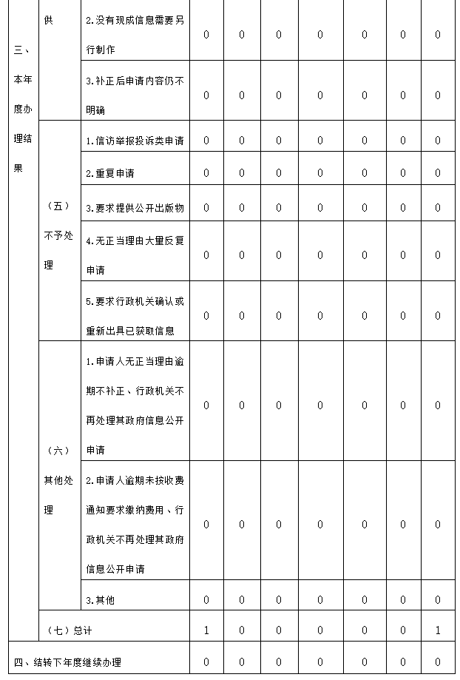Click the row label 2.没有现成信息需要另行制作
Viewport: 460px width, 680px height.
tap(135, 34)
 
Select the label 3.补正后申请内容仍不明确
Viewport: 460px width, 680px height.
tap(135, 95)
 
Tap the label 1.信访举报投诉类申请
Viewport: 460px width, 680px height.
tap(135, 141)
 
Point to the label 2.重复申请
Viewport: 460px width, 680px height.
tap(110, 173)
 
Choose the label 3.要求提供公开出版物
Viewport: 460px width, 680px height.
tap(135, 208)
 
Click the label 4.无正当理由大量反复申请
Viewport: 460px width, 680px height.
tap(135, 255)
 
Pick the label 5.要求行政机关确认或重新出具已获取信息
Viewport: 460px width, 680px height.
tap(135, 316)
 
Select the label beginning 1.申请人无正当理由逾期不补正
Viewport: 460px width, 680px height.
tap(135, 405)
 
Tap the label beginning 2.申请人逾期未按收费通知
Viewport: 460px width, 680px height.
tap(135, 524)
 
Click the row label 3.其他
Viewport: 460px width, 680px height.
tap(101, 600)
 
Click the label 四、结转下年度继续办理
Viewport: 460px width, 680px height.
tap(67, 662)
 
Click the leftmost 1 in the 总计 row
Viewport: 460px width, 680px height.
tap(206, 630)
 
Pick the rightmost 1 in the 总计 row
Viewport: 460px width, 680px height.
tap(438, 630)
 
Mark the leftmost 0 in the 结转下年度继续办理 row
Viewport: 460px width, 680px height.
tap(206, 662)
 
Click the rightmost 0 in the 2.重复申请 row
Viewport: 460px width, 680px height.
tap(438, 173)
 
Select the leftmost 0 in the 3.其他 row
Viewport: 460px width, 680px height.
tap(206, 600)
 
